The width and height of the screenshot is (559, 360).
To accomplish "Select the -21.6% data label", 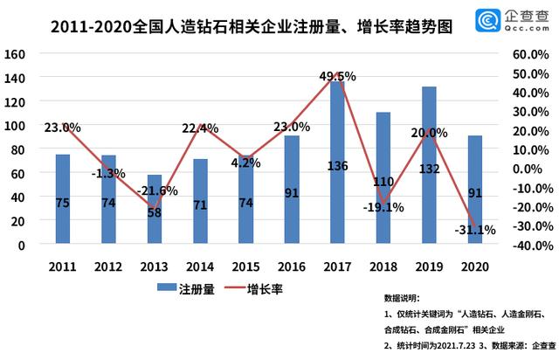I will (x=158, y=190).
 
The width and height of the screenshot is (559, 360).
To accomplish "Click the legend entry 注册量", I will (x=185, y=287).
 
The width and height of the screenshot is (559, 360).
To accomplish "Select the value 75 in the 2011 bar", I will (x=63, y=204).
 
